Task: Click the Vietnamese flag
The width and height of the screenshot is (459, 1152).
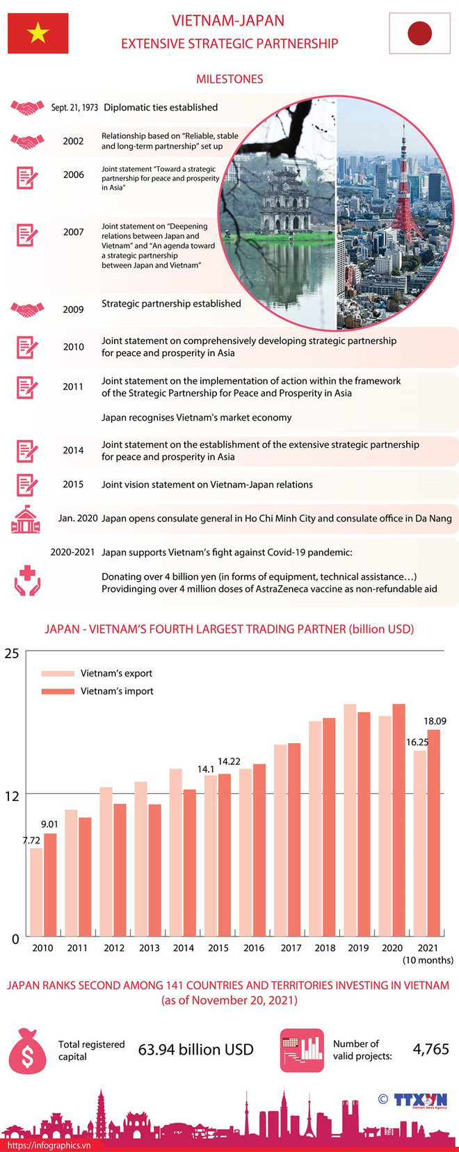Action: [x=38, y=33]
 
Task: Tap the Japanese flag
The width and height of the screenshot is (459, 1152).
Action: [x=419, y=33]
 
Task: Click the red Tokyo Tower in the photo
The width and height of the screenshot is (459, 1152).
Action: [x=403, y=195]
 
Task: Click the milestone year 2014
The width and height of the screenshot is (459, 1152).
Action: [x=73, y=451]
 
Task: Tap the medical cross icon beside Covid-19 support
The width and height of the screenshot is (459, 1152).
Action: [x=27, y=581]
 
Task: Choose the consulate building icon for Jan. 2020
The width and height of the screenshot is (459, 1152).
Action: [x=26, y=519]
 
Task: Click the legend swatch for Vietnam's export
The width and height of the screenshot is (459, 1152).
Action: [x=58, y=673]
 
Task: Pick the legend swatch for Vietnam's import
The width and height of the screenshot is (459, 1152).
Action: [x=58, y=691]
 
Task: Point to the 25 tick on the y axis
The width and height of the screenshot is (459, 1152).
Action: [x=12, y=654]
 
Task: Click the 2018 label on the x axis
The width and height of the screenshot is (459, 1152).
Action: [x=325, y=948]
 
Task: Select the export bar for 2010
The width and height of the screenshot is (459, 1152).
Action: [x=36, y=892]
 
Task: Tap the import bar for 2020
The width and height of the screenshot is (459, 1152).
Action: [x=398, y=820]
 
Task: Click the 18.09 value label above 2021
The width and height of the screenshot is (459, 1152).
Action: [x=435, y=721]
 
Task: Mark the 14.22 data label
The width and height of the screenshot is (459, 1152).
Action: [x=229, y=761]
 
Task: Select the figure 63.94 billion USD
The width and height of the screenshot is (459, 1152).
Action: [x=196, y=1049]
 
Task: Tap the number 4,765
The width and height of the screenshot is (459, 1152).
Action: [x=430, y=1048]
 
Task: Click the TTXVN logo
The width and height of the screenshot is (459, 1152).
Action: [x=419, y=1100]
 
